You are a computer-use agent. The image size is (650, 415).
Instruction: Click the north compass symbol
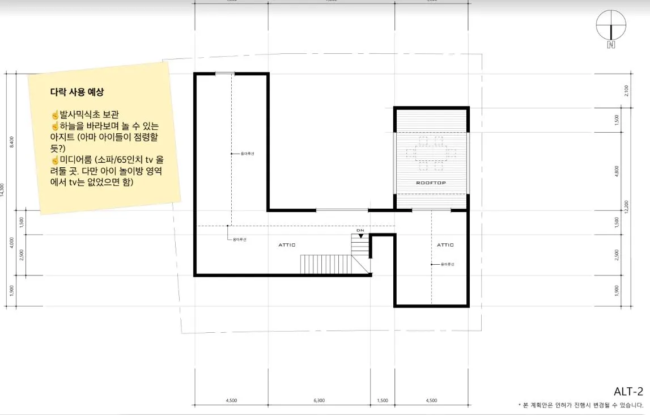[611, 26]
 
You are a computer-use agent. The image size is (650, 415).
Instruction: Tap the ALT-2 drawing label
[628, 391]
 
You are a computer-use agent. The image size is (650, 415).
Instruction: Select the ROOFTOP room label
[431, 183]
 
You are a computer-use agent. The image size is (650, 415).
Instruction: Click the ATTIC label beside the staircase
[287, 245]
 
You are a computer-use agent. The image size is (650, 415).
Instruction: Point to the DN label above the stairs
[360, 230]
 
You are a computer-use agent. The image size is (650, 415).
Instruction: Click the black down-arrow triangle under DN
[360, 235]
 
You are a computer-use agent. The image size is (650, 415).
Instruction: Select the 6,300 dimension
[319, 401]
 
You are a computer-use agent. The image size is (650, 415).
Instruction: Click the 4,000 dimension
[12, 243]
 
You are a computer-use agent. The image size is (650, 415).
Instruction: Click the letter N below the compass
[611, 45]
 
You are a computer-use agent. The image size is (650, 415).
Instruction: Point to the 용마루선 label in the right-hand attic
[448, 264]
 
